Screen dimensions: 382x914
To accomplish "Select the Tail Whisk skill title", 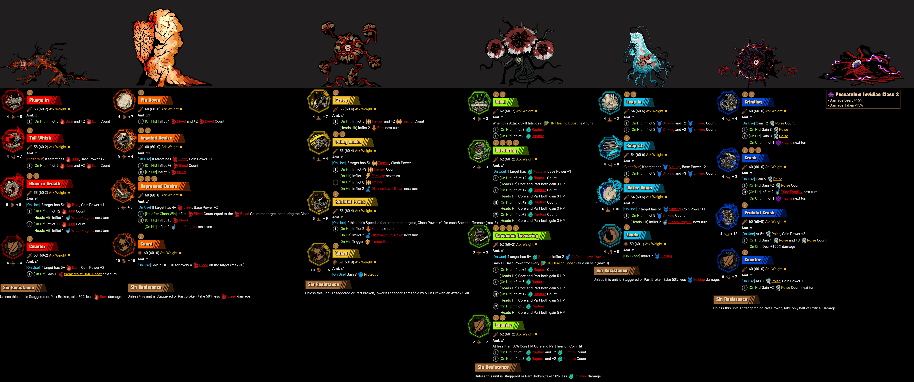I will [x=41, y=138].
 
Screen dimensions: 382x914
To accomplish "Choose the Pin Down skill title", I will [x=150, y=100].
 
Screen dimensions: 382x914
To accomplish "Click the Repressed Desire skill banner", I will [x=159, y=186].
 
